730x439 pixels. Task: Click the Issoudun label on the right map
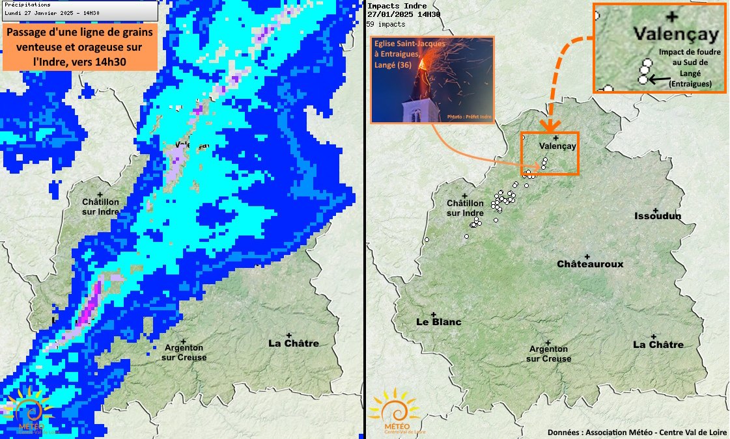pos(657,216)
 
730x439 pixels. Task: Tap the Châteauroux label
pos(590,264)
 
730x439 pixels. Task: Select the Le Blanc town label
pos(438,322)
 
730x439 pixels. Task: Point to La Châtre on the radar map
pos(294,343)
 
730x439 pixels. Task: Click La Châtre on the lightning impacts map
pos(658,344)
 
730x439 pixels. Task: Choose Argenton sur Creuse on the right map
pos(548,354)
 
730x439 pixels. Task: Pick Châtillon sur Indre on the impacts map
pos(465,208)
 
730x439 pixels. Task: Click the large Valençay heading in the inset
pos(677,33)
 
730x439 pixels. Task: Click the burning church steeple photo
pos(432,79)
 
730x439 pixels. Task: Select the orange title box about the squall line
pos(79,47)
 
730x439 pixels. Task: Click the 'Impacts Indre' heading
pos(388,6)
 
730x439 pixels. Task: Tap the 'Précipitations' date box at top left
pos(79,9)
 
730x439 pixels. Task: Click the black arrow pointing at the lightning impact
pos(661,79)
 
